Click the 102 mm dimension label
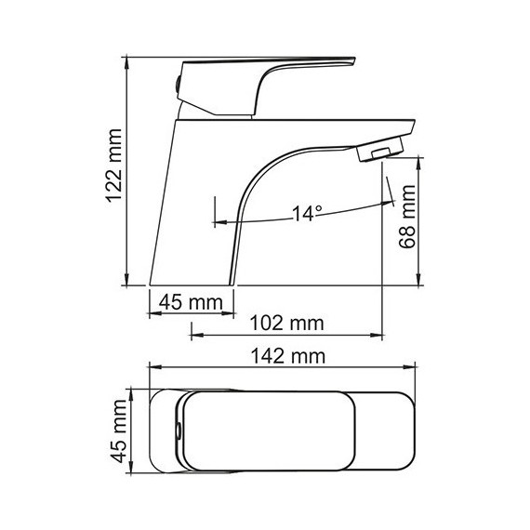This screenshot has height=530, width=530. pyautogui.click(x=287, y=323)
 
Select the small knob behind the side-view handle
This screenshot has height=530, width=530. pyautogui.click(x=179, y=84)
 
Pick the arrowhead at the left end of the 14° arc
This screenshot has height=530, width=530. pyautogui.click(x=219, y=221)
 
